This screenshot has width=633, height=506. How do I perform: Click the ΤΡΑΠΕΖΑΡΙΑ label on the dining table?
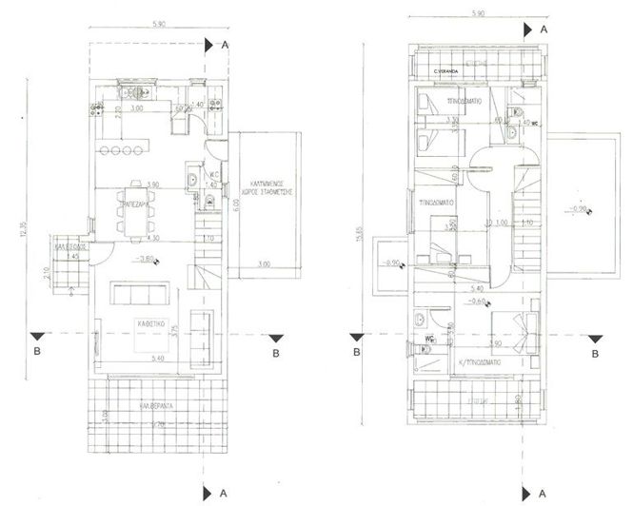130,204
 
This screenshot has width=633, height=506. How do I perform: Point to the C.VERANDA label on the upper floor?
445,71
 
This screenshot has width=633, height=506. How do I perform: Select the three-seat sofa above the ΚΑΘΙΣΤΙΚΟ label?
142,290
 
